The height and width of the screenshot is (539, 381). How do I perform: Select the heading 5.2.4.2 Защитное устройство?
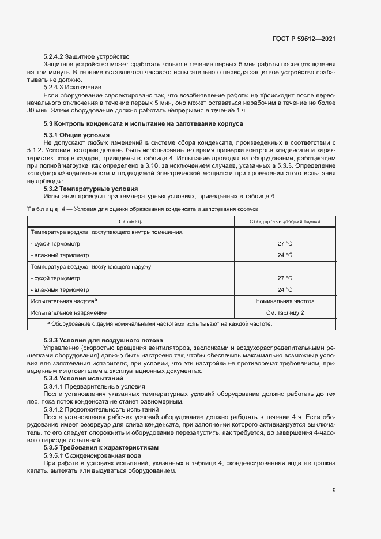pyautogui.click(x=86, y=56)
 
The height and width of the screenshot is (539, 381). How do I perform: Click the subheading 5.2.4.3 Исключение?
pyautogui.click(x=73, y=87)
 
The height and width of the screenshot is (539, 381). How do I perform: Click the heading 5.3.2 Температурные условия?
pyautogui.click(x=91, y=188)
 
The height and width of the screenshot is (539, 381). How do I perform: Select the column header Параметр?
pyautogui.click(x=130, y=221)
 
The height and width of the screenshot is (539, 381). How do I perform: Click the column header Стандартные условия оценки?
pyautogui.click(x=285, y=221)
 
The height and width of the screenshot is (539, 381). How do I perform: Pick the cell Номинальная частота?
pyautogui.click(x=285, y=301)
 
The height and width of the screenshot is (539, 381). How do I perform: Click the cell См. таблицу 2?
pyautogui.click(x=285, y=312)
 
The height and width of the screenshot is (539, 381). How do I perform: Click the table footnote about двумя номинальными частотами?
pyautogui.click(x=159, y=323)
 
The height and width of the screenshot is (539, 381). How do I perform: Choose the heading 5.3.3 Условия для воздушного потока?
pyautogui.click(x=103, y=341)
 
